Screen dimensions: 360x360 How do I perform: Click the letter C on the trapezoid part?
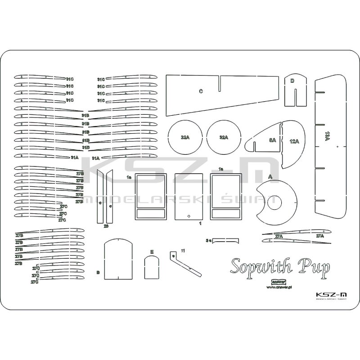click(201, 91)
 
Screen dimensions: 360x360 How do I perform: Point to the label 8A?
click(273, 140)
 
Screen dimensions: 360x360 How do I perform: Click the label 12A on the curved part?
click(294, 141)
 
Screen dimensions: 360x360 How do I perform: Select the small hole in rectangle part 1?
click(189, 216)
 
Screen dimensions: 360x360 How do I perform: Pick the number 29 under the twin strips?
click(106, 226)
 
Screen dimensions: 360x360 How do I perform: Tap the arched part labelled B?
click(118, 260)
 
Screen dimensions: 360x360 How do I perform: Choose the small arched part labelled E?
click(152, 268)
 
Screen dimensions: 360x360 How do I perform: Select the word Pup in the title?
click(313, 266)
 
